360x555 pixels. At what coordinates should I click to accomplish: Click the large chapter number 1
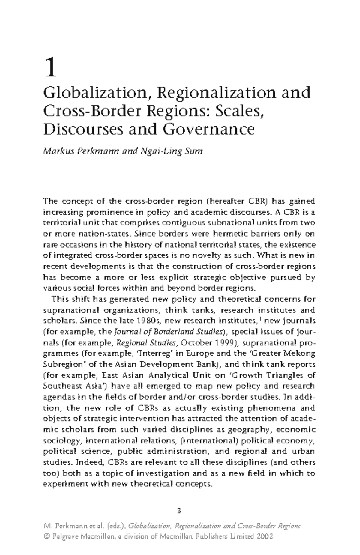click(50, 67)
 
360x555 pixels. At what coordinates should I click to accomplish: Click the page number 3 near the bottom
click(179, 511)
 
